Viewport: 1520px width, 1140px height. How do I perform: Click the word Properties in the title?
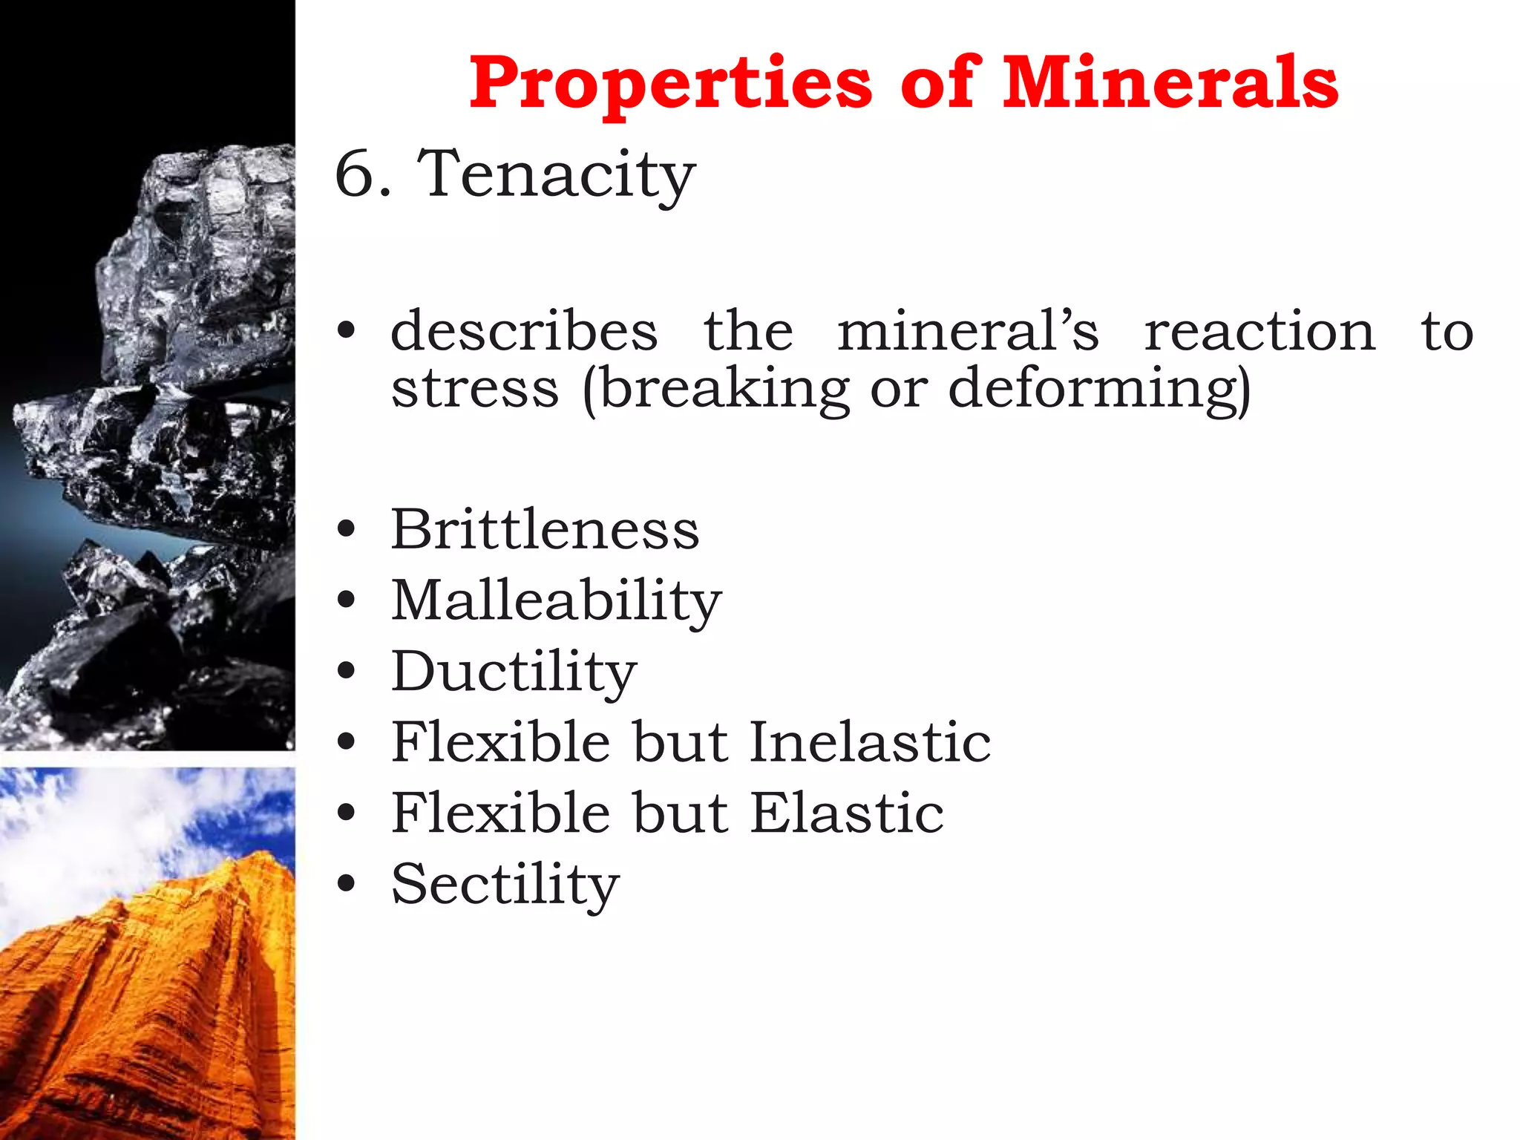click(x=670, y=83)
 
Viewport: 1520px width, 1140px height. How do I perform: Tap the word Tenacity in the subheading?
click(x=557, y=175)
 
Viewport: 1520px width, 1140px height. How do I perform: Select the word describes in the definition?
click(x=524, y=331)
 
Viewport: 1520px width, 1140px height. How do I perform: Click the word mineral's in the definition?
click(x=968, y=331)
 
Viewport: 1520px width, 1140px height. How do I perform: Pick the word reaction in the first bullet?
click(x=1259, y=331)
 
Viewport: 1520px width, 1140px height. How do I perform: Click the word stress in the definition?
click(x=475, y=389)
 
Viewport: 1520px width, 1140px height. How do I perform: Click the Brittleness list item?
click(x=545, y=530)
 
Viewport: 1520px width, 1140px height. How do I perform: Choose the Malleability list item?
click(x=556, y=600)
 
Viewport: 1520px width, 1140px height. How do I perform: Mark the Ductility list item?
click(x=514, y=672)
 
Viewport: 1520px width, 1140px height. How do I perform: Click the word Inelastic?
click(x=870, y=741)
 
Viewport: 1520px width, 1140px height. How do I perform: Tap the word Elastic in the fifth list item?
click(x=847, y=813)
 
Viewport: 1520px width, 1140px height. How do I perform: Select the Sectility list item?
click(x=505, y=884)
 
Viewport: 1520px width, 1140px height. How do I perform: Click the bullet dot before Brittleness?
click(x=346, y=530)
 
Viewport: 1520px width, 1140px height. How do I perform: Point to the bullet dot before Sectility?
click(x=346, y=883)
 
